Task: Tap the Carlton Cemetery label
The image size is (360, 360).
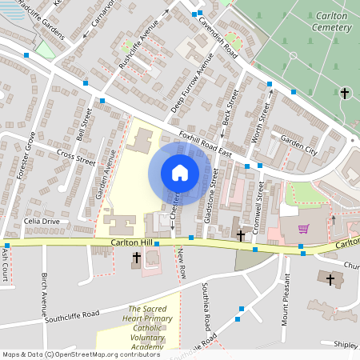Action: click(x=330, y=21)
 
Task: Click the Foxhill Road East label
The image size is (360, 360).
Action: click(x=205, y=142)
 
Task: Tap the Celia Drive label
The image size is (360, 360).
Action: click(x=42, y=221)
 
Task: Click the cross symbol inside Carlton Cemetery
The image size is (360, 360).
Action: click(x=345, y=94)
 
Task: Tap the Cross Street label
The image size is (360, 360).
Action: click(x=76, y=156)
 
